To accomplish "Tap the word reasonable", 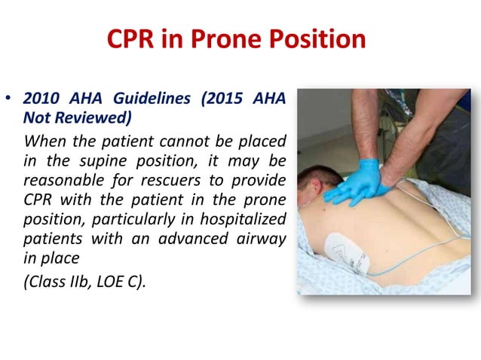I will point(61,182).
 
